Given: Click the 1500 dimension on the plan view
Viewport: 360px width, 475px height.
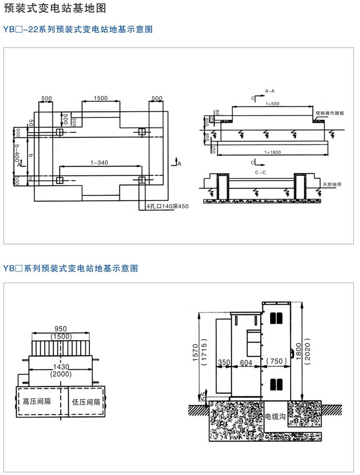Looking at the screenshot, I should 101,98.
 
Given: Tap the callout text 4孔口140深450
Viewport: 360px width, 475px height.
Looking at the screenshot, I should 168,207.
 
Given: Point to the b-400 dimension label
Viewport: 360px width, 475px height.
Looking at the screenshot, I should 17,153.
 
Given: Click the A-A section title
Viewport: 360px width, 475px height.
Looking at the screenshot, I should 269,90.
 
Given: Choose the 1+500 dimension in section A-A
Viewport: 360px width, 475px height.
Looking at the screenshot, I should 272,104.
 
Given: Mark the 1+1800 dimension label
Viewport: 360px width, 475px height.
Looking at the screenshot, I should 273,152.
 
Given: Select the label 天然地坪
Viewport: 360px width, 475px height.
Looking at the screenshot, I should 332,185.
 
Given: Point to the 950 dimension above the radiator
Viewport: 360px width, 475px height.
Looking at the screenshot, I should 61,328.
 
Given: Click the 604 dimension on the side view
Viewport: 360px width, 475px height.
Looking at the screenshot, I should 246,362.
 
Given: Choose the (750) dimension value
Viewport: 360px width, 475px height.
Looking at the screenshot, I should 277,362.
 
